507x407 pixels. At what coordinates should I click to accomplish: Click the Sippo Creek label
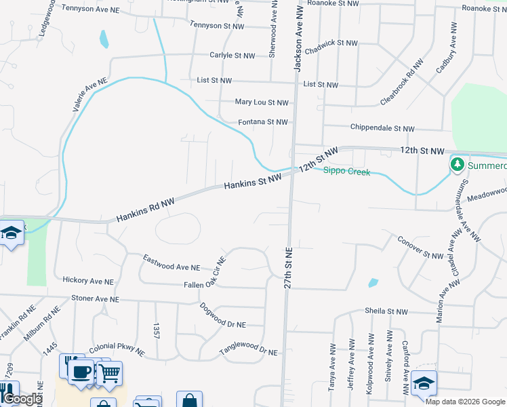346,172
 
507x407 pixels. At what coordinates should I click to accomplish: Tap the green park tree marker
458,164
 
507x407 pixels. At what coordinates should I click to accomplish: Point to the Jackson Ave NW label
298,37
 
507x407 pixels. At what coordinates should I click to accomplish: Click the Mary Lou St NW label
262,102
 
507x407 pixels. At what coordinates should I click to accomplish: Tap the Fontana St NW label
263,122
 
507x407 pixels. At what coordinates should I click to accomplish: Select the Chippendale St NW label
382,128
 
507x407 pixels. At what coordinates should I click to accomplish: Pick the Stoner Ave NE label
95,298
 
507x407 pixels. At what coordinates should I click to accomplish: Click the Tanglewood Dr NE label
249,352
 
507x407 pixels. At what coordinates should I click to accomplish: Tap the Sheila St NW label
386,311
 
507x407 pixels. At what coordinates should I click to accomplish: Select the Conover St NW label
420,248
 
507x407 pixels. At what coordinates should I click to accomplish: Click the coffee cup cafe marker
81,371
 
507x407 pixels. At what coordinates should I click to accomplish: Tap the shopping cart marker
109,372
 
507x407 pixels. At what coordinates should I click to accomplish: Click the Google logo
22,399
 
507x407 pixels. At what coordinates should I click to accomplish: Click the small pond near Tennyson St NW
104,39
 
